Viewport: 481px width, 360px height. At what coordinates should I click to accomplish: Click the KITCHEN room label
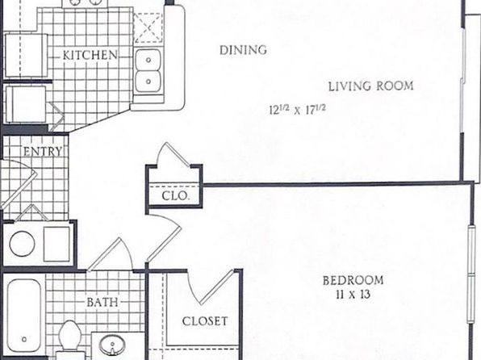point(90,55)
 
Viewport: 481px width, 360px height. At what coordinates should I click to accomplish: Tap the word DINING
point(243,50)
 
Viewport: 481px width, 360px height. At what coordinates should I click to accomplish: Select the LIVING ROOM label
point(371,86)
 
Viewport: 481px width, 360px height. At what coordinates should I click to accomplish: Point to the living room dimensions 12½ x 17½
point(297,110)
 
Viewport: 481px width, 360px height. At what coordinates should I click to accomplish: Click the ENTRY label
point(43,152)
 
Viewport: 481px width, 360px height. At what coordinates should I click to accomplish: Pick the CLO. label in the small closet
point(175,196)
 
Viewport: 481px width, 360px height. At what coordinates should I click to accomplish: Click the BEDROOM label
point(353,281)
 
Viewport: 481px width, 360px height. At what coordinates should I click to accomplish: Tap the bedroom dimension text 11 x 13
point(353,295)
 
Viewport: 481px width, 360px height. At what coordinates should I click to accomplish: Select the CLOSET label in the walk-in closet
point(205,321)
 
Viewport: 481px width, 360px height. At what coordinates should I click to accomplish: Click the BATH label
point(102,303)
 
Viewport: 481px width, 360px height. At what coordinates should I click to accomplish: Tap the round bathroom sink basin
point(112,345)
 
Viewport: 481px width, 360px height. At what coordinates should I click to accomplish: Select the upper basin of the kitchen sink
point(148,60)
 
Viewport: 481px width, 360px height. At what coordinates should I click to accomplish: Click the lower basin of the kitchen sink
point(148,82)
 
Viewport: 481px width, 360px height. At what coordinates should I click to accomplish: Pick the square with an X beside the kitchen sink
point(148,28)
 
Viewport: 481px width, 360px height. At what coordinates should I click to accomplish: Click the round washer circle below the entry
point(22,244)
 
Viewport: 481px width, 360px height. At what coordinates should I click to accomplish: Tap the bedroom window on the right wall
point(471,273)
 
